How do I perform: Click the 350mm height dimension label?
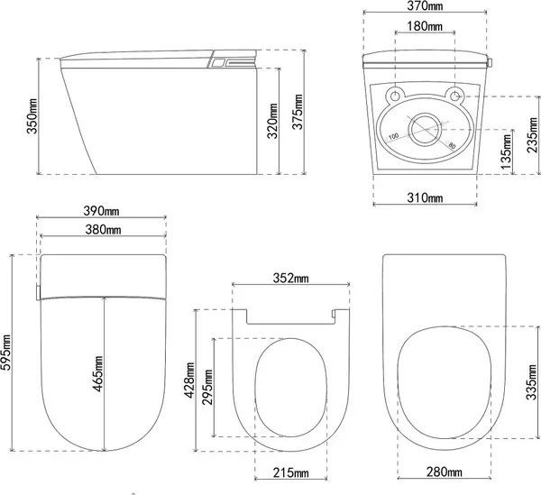[32, 116]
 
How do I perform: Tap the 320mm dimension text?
[272, 121]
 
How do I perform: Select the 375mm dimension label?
[298, 112]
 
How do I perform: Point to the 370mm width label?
[425, 6]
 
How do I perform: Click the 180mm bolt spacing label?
[425, 26]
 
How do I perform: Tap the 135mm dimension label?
[506, 151]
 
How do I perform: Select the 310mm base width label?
[425, 197]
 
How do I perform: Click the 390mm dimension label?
[101, 210]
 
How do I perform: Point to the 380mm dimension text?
[103, 229]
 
